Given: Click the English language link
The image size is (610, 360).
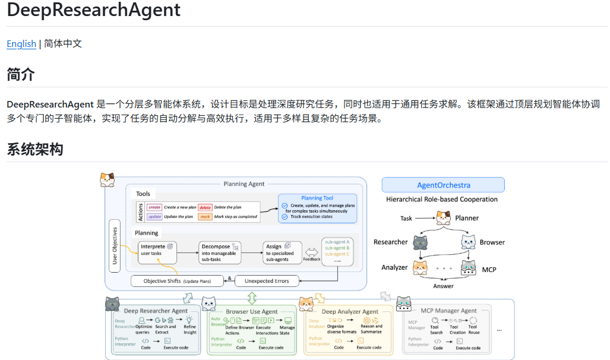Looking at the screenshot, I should pos(21,43).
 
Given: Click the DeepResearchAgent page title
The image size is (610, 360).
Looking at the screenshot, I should pos(94,10).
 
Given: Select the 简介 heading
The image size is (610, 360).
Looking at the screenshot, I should pos(21,75).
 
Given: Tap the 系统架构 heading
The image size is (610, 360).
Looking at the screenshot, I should pos(35,149).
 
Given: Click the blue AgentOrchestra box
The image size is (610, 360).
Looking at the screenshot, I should pos(443,185).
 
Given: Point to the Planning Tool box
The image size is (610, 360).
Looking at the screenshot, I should pos(318,208).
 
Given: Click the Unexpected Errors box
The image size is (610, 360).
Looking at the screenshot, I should pos(266,280).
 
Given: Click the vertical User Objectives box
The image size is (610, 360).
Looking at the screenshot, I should pos(115,246).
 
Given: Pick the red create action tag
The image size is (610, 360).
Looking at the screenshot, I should pos(154,207).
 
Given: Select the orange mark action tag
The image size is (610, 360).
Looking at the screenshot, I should pos(205,217).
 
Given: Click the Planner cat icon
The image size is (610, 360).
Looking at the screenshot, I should pos(443,218).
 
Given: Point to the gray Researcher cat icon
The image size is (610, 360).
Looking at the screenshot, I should pos(420,242).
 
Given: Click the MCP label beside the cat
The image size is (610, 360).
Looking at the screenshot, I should pos(489,269).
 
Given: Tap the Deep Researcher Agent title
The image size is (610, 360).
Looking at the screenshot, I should pos(156,310).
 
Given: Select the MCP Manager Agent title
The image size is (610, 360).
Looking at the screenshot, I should pos(448,310).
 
